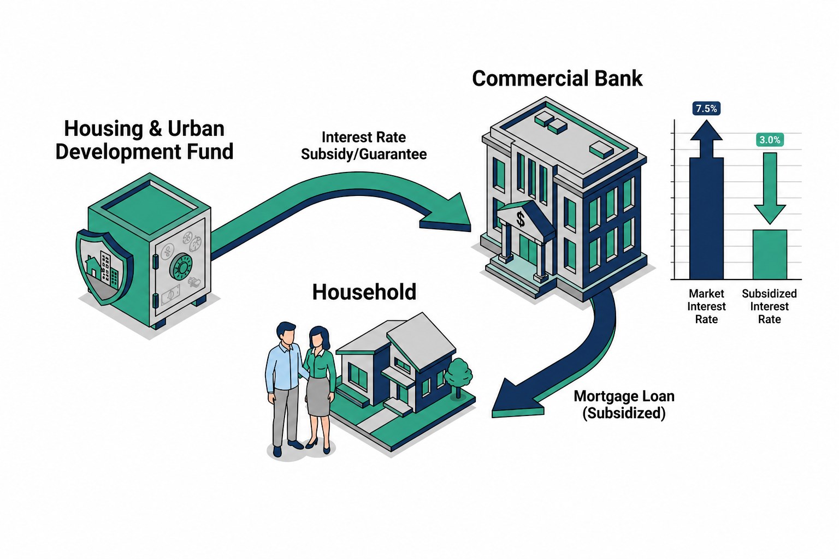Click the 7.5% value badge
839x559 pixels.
[706, 109]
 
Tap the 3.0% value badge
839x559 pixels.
[770, 140]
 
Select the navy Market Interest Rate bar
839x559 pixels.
[706, 218]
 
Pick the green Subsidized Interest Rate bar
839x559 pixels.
[770, 254]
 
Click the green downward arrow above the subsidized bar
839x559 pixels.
[770, 188]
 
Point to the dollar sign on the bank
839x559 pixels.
[521, 219]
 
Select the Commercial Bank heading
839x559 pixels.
[557, 79]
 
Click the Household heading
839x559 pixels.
[364, 292]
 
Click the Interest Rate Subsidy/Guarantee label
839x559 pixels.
[364, 146]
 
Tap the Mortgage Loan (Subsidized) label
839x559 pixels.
[624, 405]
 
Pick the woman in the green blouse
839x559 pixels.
[320, 389]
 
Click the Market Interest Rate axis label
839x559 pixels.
[706, 306]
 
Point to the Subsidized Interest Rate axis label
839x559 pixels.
[769, 306]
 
